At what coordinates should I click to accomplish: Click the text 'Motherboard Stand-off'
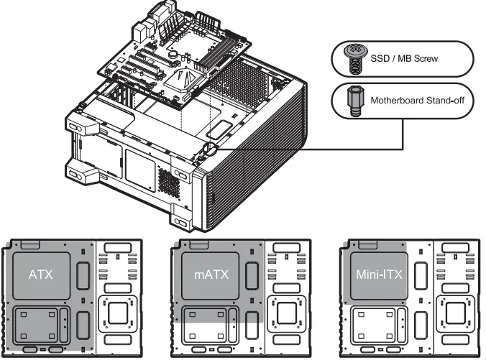[421, 102]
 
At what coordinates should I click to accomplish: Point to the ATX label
[41, 274]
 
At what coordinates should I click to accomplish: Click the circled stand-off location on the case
[208, 149]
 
